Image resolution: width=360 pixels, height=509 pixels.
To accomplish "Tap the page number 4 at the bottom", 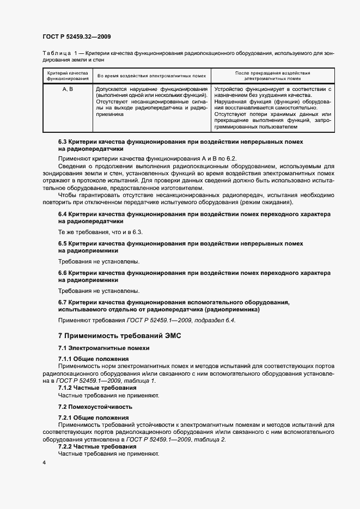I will tap(44, 463).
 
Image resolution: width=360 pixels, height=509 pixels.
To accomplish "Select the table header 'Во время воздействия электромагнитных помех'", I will tap(151, 76).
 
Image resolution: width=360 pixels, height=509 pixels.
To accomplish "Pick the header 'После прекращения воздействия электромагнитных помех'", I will tap(272, 75).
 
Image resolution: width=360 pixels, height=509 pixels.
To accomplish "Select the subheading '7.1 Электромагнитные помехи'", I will tap(103, 348).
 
